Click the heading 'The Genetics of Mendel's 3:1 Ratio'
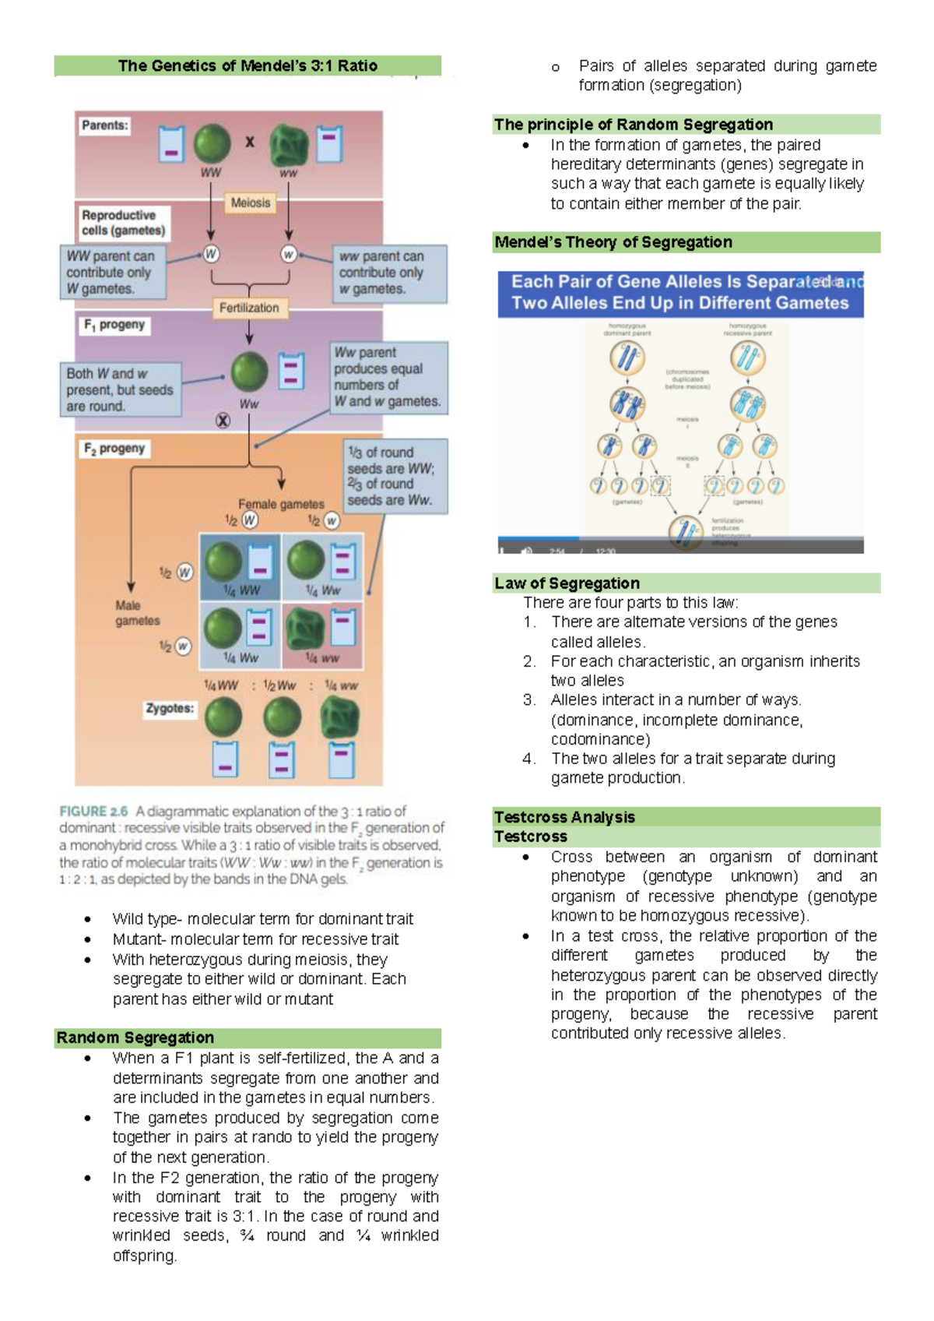pos(248,66)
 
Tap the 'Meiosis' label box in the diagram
pos(251,203)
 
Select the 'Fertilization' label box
pos(249,308)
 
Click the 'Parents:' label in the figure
pos(105,125)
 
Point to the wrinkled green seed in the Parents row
pos(289,146)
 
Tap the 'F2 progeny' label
pos(114,449)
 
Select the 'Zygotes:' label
pos(170,708)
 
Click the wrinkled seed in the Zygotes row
pos(340,717)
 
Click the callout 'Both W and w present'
pos(121,389)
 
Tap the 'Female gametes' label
pos(281,504)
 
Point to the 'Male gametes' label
pos(138,613)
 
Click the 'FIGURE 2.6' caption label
pos(93,812)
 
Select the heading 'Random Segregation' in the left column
pos(135,1037)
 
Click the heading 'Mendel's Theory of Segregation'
pos(613,242)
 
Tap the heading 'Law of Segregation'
pos(567,583)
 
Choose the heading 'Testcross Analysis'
pos(565,817)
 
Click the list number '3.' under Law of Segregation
pos(529,700)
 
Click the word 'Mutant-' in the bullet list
pos(139,939)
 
